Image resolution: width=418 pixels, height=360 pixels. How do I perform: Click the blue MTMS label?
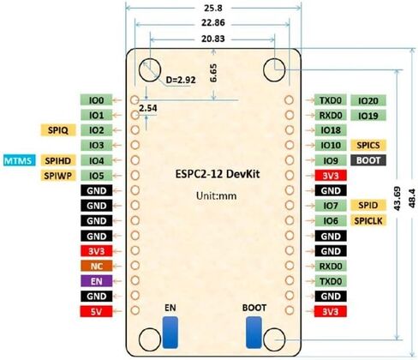pos(20,160)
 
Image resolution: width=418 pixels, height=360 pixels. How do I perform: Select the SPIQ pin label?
pos(58,130)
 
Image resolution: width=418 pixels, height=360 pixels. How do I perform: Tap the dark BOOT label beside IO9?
pos(368,160)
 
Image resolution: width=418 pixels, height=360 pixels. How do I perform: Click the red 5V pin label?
pos(96,311)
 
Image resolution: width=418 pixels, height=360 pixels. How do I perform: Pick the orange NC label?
pos(97,266)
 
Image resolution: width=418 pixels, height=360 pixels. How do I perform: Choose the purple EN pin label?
pos(97,281)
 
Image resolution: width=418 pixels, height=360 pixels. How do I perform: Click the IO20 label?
pos(368,100)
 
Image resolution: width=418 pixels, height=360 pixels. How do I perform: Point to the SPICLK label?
pos(368,220)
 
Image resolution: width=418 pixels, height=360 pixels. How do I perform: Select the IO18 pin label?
pos(331,130)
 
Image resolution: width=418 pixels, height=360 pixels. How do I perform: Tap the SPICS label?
pos(368,145)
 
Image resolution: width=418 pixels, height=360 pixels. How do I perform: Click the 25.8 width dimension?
pos(213,8)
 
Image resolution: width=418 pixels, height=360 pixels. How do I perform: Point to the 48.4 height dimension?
pos(412,198)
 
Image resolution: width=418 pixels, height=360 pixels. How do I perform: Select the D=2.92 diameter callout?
pos(181,80)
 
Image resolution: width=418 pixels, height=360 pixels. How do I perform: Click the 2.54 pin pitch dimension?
pos(148,108)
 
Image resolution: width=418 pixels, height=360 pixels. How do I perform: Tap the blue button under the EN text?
pos(170,333)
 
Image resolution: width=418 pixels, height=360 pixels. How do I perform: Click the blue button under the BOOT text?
pos(254,333)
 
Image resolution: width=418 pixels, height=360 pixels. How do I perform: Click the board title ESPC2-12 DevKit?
pos(218,174)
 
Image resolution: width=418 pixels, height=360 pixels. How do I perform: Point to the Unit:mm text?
pos(217,196)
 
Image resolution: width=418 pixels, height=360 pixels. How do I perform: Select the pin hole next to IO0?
pos(134,100)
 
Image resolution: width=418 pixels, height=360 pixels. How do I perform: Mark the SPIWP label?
pos(58,176)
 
